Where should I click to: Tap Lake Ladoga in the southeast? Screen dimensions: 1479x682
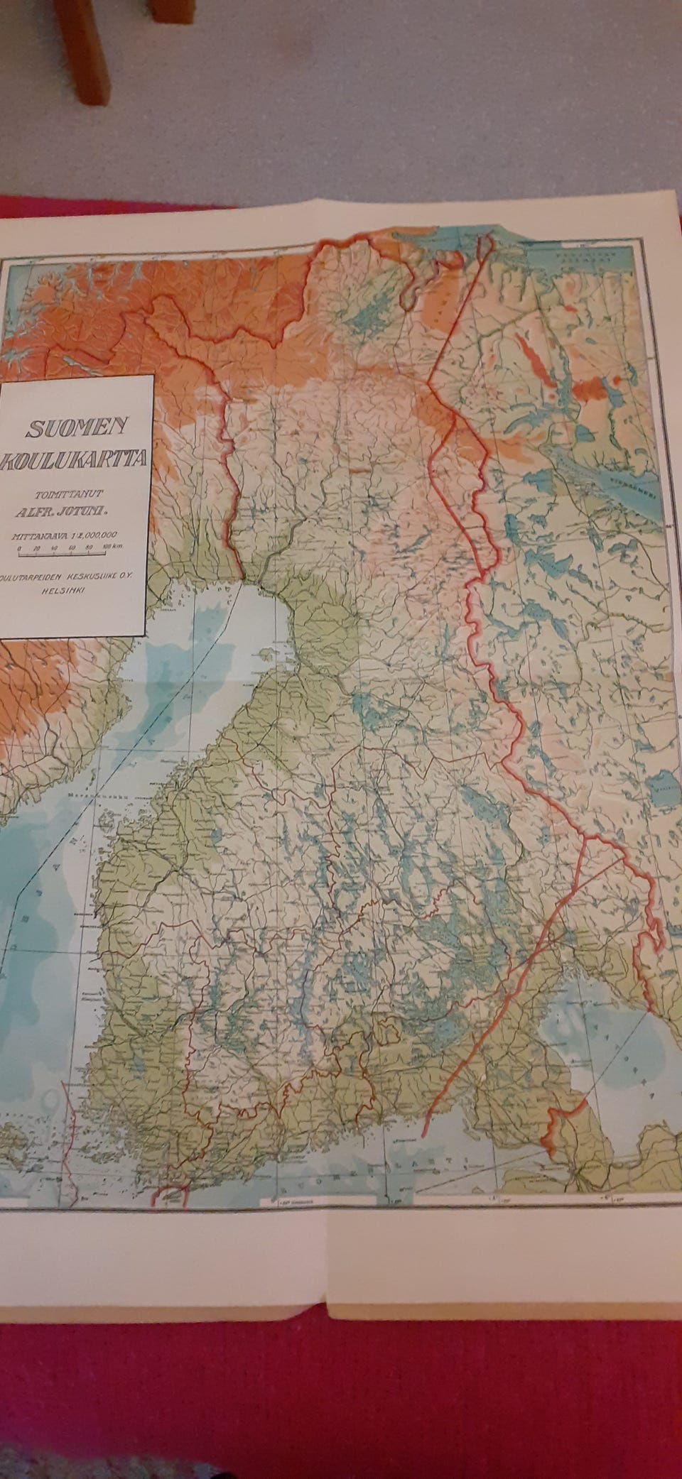(597, 1030)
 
